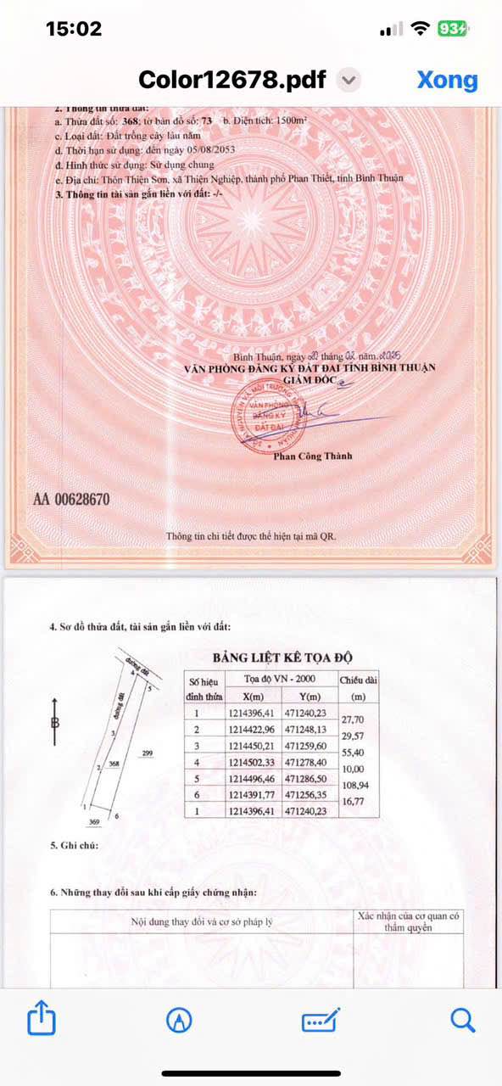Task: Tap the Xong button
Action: click(447, 80)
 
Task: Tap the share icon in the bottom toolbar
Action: click(42, 1018)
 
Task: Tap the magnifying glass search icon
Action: click(462, 1019)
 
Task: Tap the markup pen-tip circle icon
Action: click(180, 1019)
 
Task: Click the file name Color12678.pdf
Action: click(231, 80)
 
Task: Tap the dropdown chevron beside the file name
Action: click(349, 81)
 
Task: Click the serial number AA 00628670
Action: click(71, 500)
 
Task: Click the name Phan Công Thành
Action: click(312, 456)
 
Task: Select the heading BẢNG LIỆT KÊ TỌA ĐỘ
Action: click(282, 658)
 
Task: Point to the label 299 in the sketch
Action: click(147, 753)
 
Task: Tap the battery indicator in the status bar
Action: click(452, 29)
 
